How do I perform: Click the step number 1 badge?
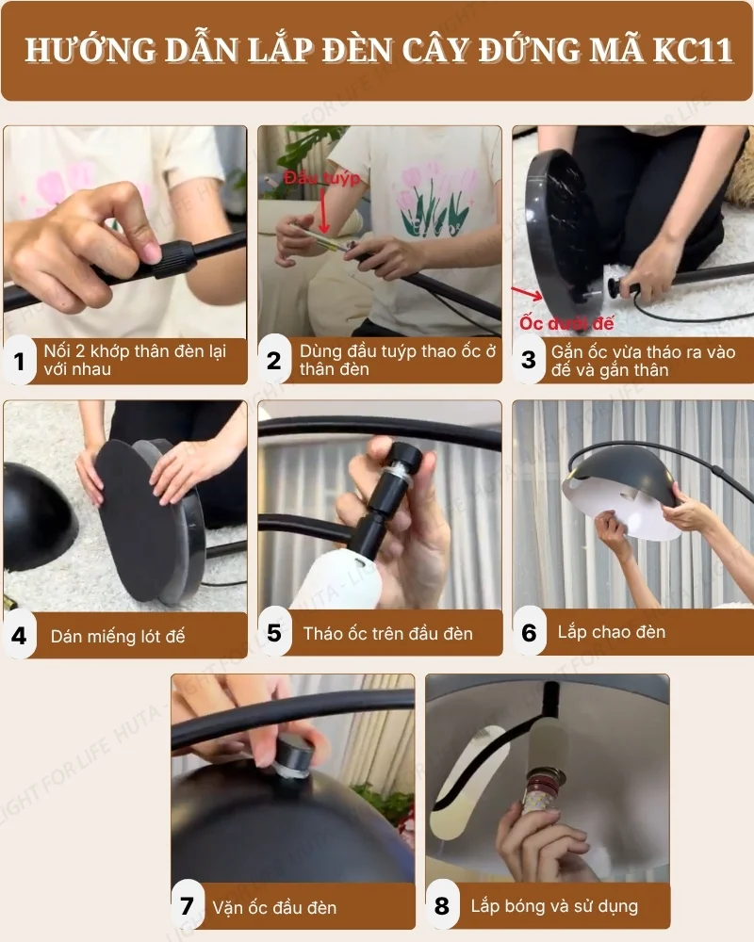pos(19,361)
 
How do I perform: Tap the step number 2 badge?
pos(273,361)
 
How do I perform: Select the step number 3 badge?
pos(529,360)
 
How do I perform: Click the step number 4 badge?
pos(19,635)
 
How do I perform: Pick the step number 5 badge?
pos(273,633)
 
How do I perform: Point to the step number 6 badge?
pos(529,633)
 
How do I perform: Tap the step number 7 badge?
pos(187,907)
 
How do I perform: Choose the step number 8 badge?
pos(441,907)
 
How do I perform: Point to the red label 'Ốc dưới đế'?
pos(566,323)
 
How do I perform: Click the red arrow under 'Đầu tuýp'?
pos(323,212)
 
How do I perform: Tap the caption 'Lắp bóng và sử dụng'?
pos(554,906)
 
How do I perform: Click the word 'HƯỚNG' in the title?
pos(85,50)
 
